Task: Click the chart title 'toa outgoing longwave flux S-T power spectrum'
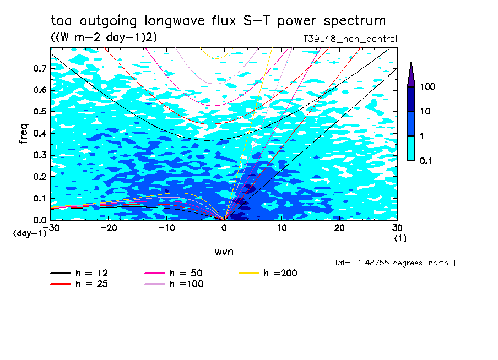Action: [x=218, y=21]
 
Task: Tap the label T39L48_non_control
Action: [x=350, y=39]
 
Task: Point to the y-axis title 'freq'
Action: [x=23, y=134]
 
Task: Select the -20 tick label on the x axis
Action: [x=109, y=228]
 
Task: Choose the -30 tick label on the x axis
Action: [x=51, y=228]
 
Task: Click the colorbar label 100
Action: [x=427, y=87]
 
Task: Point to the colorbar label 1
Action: [x=422, y=136]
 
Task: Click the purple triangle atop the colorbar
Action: [x=411, y=74]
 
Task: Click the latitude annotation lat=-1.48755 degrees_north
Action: [x=392, y=263]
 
